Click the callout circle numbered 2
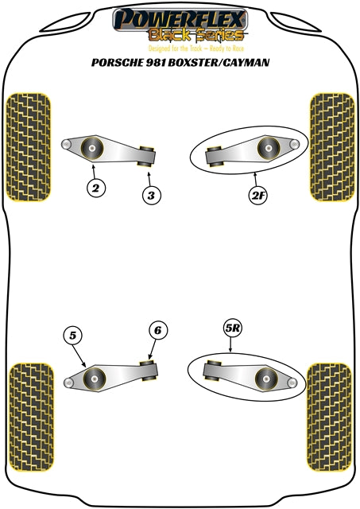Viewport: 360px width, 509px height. (x=96, y=188)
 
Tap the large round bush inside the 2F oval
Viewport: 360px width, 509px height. (x=266, y=147)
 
